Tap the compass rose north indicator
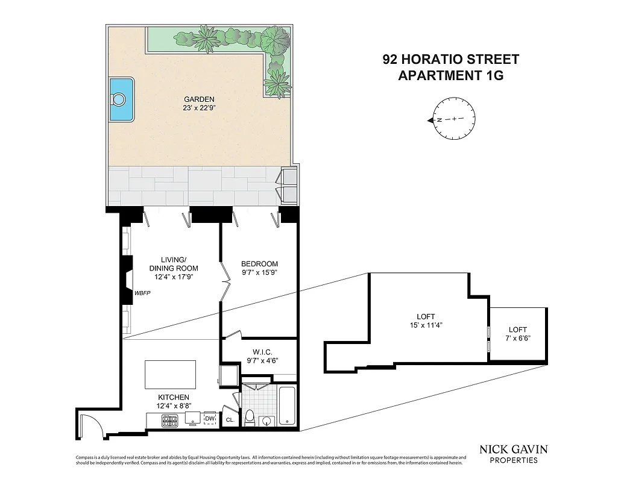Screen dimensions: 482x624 (x=432, y=120)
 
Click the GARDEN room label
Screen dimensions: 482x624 (x=199, y=99)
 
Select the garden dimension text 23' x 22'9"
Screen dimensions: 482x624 (x=199, y=108)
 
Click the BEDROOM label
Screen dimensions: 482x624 (x=259, y=264)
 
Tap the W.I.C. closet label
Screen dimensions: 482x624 (x=259, y=352)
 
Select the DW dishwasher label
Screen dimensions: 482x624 (x=210, y=419)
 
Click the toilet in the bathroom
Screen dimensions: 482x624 (x=250, y=418)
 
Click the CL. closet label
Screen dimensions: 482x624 (x=230, y=420)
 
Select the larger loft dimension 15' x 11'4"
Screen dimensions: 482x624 (x=425, y=325)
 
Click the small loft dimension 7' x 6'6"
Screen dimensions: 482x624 (x=517, y=339)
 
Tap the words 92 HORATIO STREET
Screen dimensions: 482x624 (x=450, y=60)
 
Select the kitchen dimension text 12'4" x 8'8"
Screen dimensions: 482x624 (x=174, y=406)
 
